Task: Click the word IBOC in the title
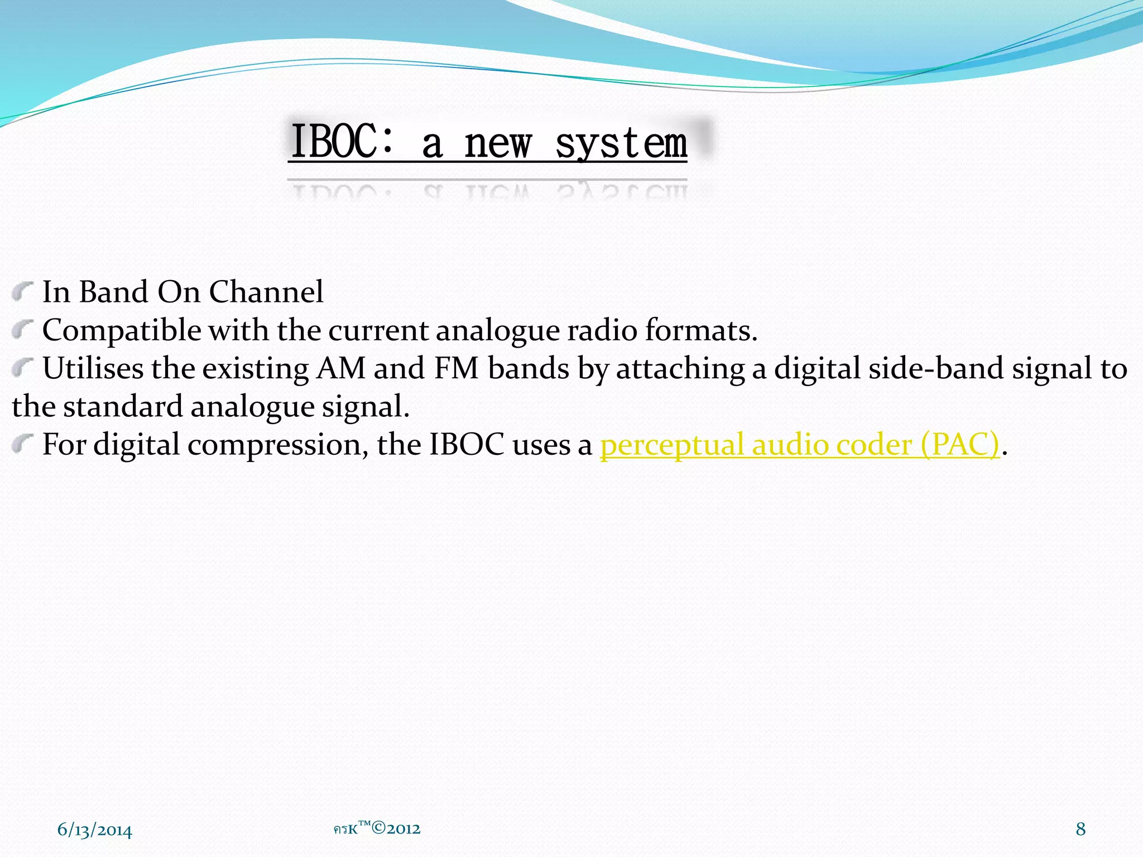pyautogui.click(x=337, y=142)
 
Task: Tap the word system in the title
pyautogui.click(x=621, y=144)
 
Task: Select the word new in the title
pyautogui.click(x=498, y=144)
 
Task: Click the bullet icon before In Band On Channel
pyautogui.click(x=22, y=291)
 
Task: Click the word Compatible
pyautogui.click(x=122, y=330)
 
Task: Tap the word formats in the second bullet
pyautogui.click(x=700, y=330)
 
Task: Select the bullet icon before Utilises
pyautogui.click(x=22, y=367)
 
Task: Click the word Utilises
pyautogui.click(x=93, y=368)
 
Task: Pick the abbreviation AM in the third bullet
pyautogui.click(x=340, y=368)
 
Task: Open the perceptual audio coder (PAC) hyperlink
pyautogui.click(x=799, y=445)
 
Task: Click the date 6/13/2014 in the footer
pyautogui.click(x=95, y=830)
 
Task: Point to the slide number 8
pyautogui.click(x=1080, y=829)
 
